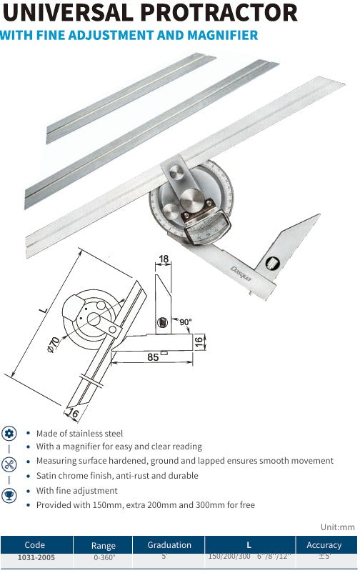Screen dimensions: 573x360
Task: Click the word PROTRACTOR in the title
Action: pyautogui.click(x=219, y=12)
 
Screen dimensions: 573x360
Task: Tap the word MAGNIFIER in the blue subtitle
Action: pyautogui.click(x=220, y=34)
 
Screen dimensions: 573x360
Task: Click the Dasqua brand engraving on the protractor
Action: pyautogui.click(x=241, y=272)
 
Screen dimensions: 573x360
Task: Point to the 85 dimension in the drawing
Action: pyautogui.click(x=153, y=357)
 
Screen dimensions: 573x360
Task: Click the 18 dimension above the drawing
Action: pyautogui.click(x=164, y=259)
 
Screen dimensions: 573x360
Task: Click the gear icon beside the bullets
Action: pyautogui.click(x=9, y=432)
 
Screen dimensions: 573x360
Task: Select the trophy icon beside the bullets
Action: pyautogui.click(x=9, y=494)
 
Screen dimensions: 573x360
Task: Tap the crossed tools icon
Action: pyautogui.click(x=9, y=464)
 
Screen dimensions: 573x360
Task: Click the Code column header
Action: pyautogui.click(x=34, y=545)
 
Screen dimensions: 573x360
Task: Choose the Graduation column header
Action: pyautogui.click(x=169, y=545)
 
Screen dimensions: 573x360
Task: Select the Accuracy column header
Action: pyautogui.click(x=324, y=545)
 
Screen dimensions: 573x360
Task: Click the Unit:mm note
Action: pyautogui.click(x=337, y=527)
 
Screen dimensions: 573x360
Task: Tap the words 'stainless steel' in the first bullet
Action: pyautogui.click(x=96, y=433)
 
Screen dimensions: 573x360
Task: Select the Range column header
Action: pyautogui.click(x=104, y=545)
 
